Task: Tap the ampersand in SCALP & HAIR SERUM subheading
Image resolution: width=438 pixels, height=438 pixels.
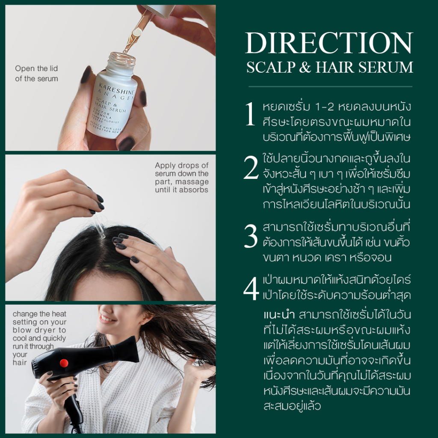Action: (305, 67)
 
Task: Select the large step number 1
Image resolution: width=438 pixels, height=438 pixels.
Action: (250, 114)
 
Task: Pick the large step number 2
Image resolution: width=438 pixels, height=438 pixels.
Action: (251, 167)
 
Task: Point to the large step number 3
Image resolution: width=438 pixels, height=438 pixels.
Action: (251, 236)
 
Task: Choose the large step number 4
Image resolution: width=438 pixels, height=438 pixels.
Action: (251, 288)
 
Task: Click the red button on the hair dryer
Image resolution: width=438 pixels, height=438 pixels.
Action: (64, 363)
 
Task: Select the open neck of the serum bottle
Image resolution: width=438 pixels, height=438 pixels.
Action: (122, 58)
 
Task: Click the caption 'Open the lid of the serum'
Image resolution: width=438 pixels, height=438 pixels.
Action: (37, 74)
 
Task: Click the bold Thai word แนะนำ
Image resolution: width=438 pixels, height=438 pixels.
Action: (279, 315)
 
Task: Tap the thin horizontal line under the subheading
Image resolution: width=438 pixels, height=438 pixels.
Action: (331, 86)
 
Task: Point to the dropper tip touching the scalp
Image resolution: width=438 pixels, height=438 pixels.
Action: (102, 236)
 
